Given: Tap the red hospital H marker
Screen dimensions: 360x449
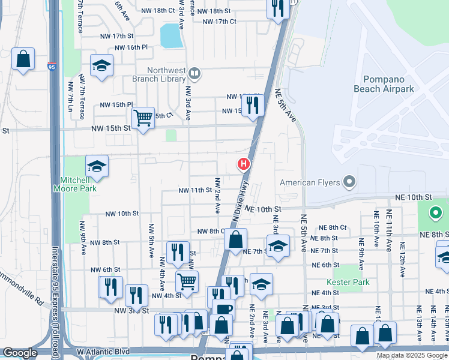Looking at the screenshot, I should tap(244, 163).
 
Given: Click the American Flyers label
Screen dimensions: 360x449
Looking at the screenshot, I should tap(311, 182).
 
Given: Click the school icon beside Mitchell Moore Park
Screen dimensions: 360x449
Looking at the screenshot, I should tap(96, 166).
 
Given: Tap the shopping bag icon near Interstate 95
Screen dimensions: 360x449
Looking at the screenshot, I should tap(23, 59).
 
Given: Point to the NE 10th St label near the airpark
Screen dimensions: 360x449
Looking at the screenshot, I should tap(414, 197).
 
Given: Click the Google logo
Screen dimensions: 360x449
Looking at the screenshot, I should tap(20, 353).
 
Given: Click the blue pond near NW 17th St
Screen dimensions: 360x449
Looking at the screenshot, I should tap(172, 37).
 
